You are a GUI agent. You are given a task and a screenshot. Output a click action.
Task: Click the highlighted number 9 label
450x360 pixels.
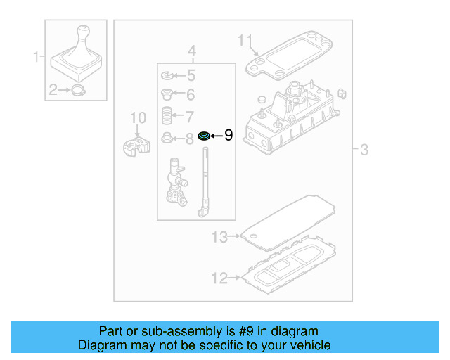228,136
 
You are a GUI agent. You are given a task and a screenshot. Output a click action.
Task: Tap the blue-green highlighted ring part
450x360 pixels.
205,136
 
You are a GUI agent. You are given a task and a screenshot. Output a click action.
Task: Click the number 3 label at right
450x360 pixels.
364,149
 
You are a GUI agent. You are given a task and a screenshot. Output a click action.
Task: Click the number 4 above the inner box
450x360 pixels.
191,51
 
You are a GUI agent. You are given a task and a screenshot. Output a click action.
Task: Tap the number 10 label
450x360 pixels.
138,117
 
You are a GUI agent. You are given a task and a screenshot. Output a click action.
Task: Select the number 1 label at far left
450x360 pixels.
37,56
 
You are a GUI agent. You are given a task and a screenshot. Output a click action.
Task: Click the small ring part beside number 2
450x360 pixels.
77,90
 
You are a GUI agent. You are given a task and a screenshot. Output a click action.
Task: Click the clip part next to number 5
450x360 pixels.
167,75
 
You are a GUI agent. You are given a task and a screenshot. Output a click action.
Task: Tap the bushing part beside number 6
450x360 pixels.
167,94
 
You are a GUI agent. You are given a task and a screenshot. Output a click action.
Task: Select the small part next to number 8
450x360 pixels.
167,137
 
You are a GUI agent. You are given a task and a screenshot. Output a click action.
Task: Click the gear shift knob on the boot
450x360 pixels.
84,35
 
